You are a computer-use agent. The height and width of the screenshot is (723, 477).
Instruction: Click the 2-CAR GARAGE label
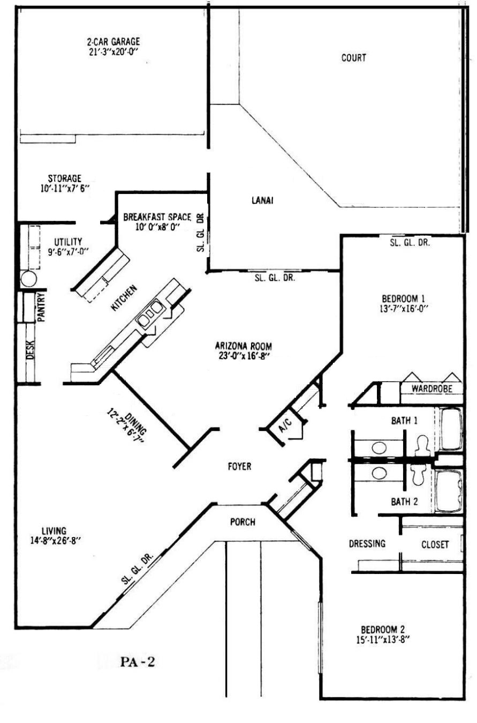(x=113, y=42)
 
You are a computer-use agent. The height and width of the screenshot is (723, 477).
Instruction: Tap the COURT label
(x=354, y=58)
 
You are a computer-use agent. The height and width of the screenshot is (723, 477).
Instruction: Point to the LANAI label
(x=262, y=200)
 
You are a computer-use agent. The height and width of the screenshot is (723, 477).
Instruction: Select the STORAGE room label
(x=64, y=178)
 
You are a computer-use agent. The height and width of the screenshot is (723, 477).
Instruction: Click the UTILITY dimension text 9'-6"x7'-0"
(x=68, y=251)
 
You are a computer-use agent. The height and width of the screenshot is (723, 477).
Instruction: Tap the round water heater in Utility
(x=28, y=279)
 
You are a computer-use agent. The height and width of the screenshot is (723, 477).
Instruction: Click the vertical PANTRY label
(x=41, y=307)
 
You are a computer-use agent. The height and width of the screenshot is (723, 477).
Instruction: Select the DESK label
(x=30, y=350)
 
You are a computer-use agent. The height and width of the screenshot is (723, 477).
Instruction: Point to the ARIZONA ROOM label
(x=244, y=346)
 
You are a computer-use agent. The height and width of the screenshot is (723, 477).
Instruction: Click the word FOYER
(x=239, y=466)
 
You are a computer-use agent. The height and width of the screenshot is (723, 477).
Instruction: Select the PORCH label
(x=243, y=522)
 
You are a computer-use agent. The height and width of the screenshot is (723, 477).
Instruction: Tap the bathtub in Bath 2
(x=449, y=491)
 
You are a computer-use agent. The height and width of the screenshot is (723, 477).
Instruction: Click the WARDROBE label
(x=432, y=389)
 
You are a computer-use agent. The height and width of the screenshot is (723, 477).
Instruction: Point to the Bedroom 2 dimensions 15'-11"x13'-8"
(x=383, y=639)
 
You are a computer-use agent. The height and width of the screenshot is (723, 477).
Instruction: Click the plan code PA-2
(x=138, y=662)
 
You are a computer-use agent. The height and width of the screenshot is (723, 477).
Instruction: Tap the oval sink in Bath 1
(x=379, y=448)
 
